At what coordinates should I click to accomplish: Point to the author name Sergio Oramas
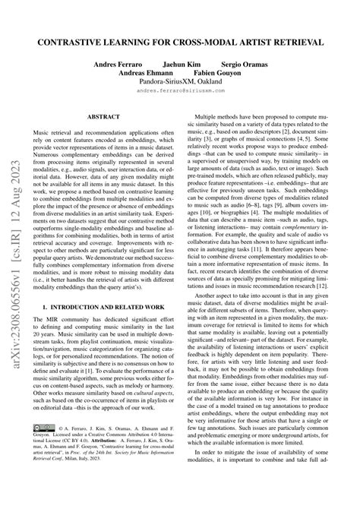(242, 65)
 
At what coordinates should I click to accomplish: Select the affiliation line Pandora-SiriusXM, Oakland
(180, 83)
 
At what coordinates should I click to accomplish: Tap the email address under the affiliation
(180, 92)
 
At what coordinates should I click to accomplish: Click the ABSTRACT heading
(105, 119)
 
